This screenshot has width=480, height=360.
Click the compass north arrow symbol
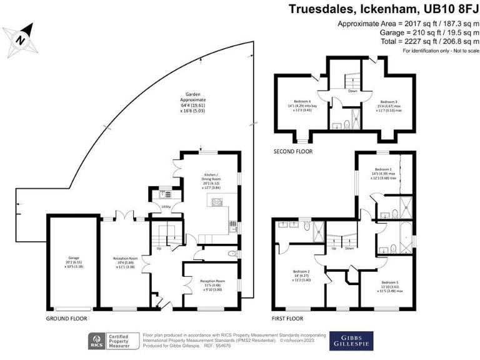[20, 38]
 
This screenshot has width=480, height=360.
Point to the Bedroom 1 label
[383, 169]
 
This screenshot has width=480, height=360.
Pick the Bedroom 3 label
[389, 101]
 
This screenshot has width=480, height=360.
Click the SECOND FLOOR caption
[293, 151]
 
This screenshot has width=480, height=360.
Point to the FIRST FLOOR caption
[287, 318]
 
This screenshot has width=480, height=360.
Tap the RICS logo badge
[96, 341]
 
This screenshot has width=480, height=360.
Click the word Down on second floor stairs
[352, 91]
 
